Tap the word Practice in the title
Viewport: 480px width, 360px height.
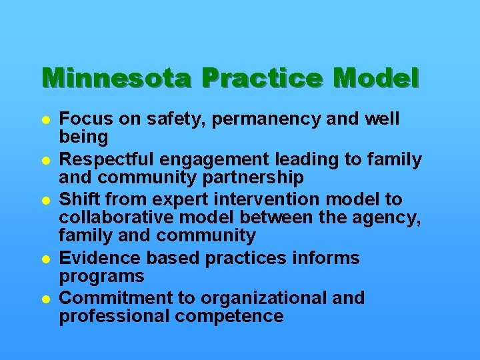(x=263, y=79)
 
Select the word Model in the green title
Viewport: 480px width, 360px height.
(x=376, y=79)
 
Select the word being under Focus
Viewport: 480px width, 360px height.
(x=83, y=138)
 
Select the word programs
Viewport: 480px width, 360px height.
(x=101, y=276)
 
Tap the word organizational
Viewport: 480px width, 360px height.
(x=259, y=298)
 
